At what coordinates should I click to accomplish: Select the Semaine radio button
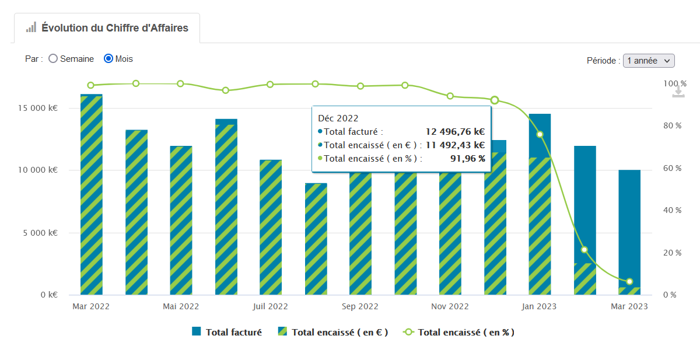point(53,59)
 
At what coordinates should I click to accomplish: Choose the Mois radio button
point(108,59)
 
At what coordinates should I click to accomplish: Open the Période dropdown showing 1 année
point(649,60)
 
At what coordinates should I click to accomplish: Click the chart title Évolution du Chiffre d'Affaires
point(115,27)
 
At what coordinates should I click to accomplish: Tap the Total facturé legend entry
point(227,332)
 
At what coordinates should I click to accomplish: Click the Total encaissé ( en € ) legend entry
point(333,332)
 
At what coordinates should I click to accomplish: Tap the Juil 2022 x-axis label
point(270,306)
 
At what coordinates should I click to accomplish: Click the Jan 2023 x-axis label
point(539,306)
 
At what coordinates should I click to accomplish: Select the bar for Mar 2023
point(629,233)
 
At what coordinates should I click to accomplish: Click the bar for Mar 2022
point(92,193)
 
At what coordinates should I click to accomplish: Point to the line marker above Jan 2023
point(540,134)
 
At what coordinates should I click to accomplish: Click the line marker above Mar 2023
point(629,282)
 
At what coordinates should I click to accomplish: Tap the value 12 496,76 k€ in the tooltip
point(456,132)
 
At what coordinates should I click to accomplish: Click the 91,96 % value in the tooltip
point(467,158)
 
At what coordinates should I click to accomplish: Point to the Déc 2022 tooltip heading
point(338,118)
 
